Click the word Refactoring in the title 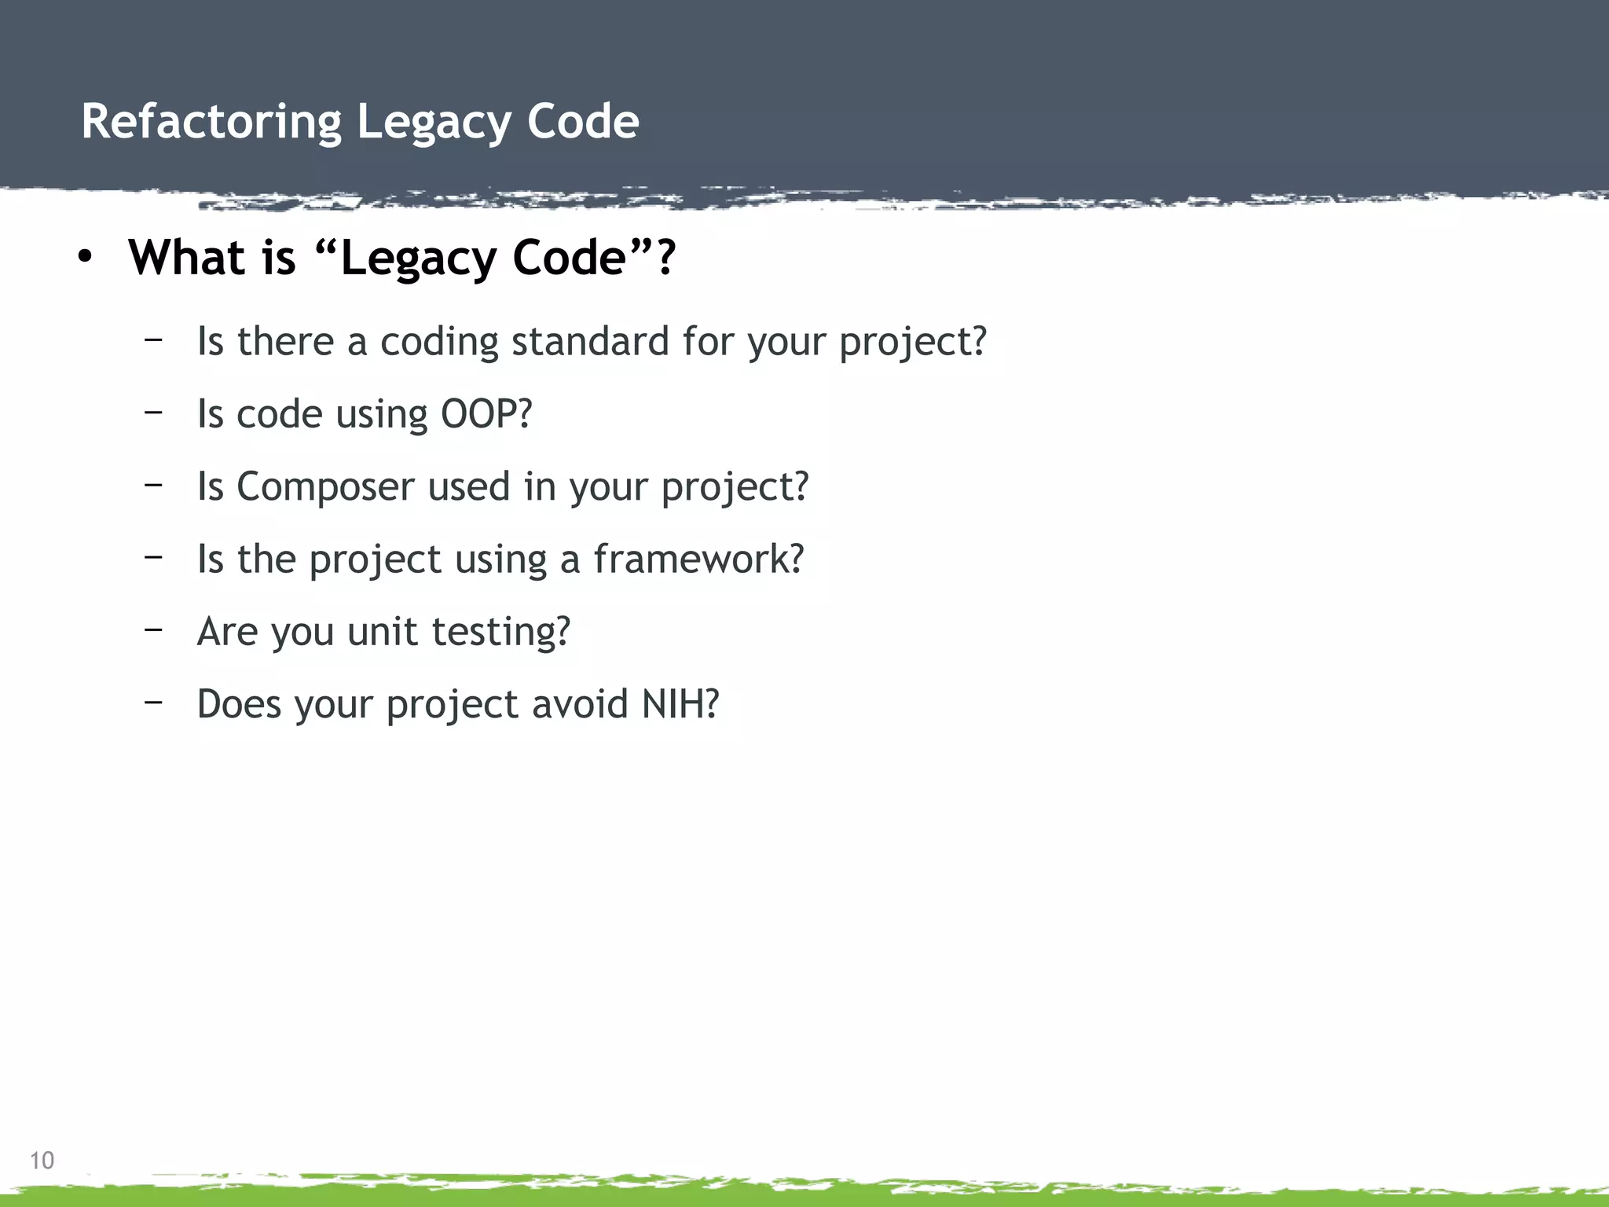coord(211,123)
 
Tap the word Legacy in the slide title coord(433,123)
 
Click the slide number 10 coord(42,1160)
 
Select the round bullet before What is coord(85,257)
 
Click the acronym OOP coord(486,414)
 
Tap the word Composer coord(325,486)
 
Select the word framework coord(698,559)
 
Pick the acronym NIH coord(679,703)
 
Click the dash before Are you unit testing coord(153,629)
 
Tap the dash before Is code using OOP coord(153,411)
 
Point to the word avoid coord(580,703)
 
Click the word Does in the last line coord(239,703)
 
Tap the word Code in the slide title coord(582,123)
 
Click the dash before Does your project coord(153,701)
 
